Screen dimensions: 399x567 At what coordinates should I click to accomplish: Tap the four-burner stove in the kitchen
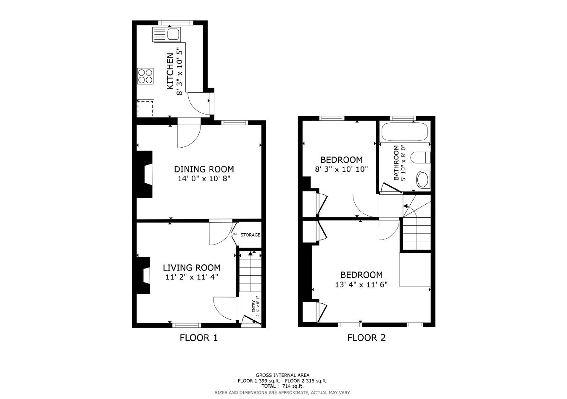(145, 76)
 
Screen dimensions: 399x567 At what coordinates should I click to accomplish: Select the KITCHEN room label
(170, 71)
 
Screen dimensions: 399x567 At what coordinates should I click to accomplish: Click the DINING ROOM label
(204, 169)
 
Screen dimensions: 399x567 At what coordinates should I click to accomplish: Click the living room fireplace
(145, 276)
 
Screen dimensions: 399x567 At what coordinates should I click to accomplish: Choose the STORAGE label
(250, 235)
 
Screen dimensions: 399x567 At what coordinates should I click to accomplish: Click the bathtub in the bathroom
(404, 132)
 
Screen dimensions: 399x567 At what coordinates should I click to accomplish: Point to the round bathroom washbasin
(422, 180)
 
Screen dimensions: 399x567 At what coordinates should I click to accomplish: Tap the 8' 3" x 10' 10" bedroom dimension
(341, 170)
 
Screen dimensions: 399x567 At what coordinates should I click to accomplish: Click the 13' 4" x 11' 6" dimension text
(361, 284)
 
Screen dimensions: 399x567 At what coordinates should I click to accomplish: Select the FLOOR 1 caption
(199, 337)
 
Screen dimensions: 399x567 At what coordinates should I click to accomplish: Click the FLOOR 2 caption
(366, 337)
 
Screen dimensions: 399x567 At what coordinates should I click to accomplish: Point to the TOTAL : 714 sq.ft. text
(282, 386)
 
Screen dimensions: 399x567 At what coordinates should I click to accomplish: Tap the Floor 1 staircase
(250, 273)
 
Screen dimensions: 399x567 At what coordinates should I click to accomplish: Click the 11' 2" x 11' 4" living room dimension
(191, 277)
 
